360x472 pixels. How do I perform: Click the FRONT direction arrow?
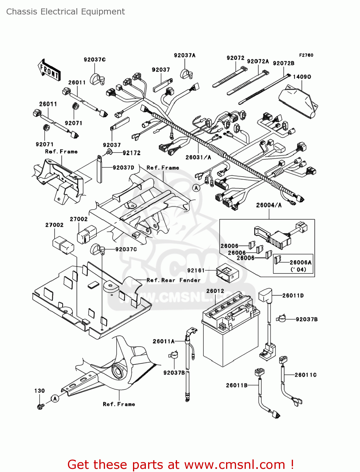pyautogui.click(x=49, y=70)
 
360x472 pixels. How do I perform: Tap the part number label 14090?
pyautogui.click(x=302, y=77)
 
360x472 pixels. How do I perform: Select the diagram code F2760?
pyautogui.click(x=306, y=55)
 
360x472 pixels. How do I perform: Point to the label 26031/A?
pyautogui.click(x=198, y=157)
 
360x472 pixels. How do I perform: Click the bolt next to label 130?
pyautogui.click(x=40, y=406)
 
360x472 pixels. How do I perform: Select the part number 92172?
pyautogui.click(x=131, y=153)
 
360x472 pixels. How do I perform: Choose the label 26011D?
pyautogui.click(x=293, y=295)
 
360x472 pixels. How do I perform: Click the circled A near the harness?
pyautogui.click(x=196, y=188)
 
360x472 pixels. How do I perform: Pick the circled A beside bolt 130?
pyautogui.click(x=55, y=399)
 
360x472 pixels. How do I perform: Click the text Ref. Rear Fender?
pyautogui.click(x=173, y=280)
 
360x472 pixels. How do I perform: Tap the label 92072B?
pyautogui.click(x=284, y=63)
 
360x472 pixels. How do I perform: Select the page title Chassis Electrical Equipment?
pyautogui.click(x=65, y=12)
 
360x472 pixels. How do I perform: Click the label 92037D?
pyautogui.click(x=123, y=168)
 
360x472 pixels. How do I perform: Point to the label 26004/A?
pyautogui.click(x=269, y=205)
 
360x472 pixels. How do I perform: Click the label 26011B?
pyautogui.click(x=237, y=385)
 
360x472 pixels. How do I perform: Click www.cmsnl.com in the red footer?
pyautogui.click(x=234, y=464)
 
